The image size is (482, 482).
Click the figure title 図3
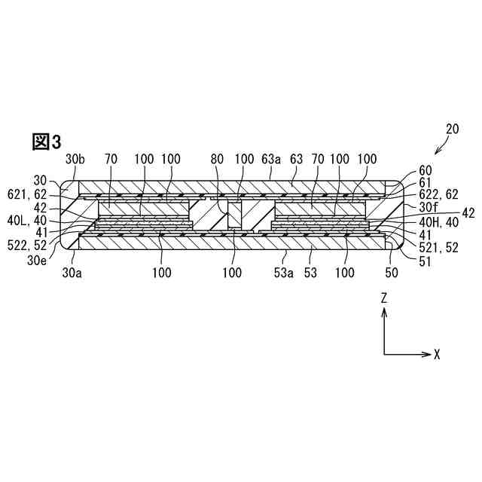[x=46, y=142]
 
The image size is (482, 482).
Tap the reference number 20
[x=452, y=129]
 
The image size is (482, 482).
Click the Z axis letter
[x=384, y=298]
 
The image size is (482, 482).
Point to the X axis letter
[x=437, y=353]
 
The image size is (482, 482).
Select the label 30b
[x=75, y=160]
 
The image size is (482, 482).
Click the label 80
[x=217, y=160]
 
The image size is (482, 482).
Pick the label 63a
[x=270, y=160]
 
